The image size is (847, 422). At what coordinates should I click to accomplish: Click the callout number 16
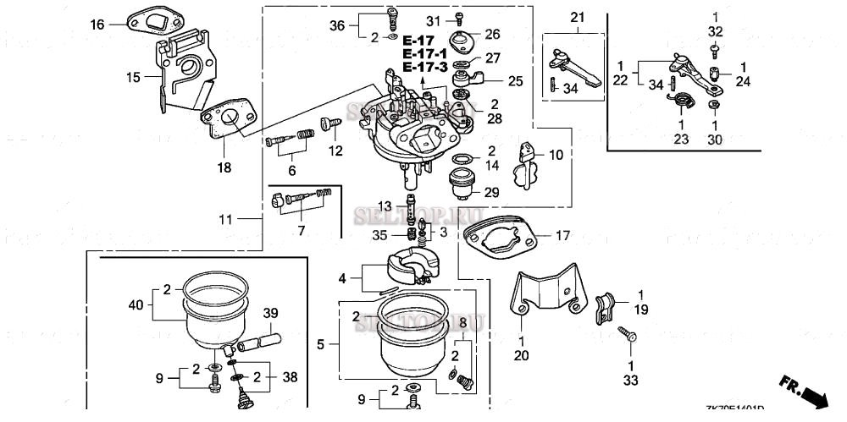(x=97, y=25)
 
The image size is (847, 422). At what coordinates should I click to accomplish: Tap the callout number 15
(x=133, y=78)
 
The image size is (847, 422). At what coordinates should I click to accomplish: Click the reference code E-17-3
(x=420, y=67)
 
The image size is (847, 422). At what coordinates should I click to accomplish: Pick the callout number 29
(x=492, y=193)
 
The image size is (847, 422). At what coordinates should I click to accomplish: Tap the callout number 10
(x=556, y=155)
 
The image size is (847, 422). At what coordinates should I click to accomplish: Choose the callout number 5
(x=320, y=344)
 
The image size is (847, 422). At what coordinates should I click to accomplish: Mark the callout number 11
(x=224, y=220)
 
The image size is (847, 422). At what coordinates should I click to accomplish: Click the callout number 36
(x=337, y=25)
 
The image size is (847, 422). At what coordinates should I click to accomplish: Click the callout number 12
(x=336, y=151)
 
